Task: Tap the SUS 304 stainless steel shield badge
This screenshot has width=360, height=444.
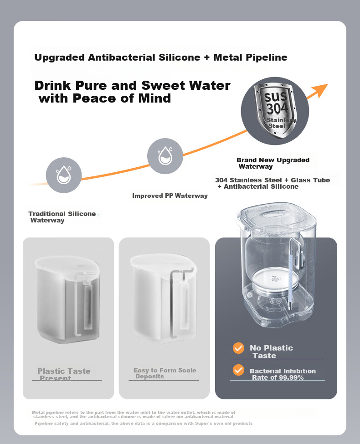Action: tap(275, 110)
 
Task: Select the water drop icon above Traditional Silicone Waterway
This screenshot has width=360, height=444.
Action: tap(64, 175)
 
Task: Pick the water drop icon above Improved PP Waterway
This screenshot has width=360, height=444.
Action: tap(165, 155)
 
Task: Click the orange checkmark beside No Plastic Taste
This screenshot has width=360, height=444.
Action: tap(238, 348)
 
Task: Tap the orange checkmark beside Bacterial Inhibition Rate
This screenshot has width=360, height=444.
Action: tap(238, 370)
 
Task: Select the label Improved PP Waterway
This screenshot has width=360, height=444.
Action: tap(170, 196)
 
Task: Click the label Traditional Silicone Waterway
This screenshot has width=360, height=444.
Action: tap(62, 217)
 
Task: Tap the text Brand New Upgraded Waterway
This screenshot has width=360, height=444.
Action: tap(273, 163)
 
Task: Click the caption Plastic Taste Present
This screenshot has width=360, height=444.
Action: tap(64, 374)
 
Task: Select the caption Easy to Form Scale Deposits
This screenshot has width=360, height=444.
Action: tap(165, 373)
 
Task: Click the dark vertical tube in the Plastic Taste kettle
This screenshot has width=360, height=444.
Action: tap(88, 307)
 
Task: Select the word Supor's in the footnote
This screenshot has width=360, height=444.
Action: tap(204, 423)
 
